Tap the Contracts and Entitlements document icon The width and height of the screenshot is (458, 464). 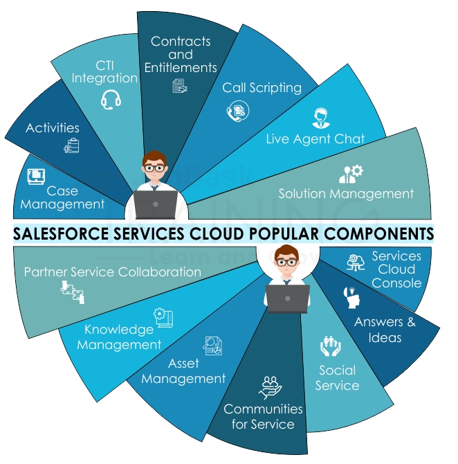coord(180,85)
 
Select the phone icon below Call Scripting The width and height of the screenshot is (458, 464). coord(237,111)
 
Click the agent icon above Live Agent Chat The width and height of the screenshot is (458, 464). coord(321,118)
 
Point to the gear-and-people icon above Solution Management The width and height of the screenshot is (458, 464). coord(351,172)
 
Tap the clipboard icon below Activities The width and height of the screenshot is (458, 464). coord(71,145)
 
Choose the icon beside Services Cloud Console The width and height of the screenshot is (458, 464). coord(358,262)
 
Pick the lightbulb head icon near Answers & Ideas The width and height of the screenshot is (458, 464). coord(350,296)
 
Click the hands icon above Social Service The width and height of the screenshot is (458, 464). coord(331,346)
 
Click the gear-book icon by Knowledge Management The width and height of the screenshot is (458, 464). coord(164,318)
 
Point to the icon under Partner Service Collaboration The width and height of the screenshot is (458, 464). coord(72,292)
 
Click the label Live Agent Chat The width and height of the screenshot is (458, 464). coord(315,139)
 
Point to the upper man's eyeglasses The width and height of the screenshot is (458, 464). coord(154,167)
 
